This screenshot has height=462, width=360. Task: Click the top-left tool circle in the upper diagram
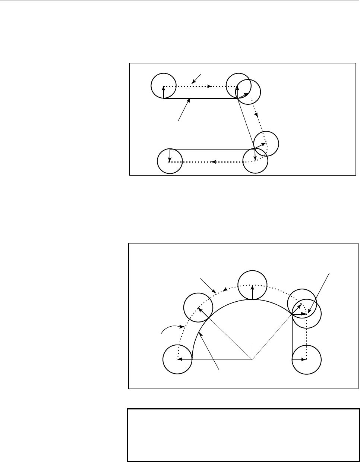click(163, 85)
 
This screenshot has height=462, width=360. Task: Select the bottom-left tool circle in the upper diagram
click(170, 161)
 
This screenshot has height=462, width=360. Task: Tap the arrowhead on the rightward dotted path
click(210, 86)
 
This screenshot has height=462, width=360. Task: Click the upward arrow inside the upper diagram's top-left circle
click(163, 92)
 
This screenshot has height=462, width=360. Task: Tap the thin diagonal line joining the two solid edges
click(246, 123)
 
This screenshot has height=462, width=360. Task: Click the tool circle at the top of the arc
click(252, 285)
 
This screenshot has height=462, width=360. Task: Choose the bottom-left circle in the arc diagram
click(177, 359)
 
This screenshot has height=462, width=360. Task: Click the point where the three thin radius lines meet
click(252, 360)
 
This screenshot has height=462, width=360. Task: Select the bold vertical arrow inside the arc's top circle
click(253, 292)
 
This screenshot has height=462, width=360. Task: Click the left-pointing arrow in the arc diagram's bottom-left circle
click(185, 360)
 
